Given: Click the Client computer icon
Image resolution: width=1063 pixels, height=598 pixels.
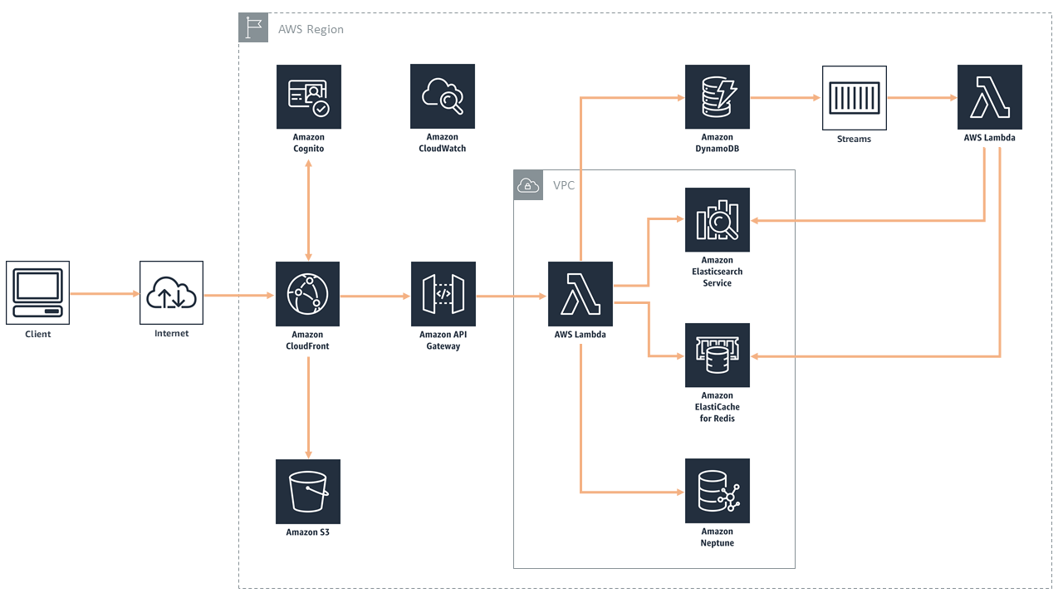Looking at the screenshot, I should (37, 292).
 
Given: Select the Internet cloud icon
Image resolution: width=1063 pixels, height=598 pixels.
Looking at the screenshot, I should (171, 292).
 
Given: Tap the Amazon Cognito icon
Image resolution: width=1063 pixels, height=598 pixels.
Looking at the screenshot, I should (308, 96).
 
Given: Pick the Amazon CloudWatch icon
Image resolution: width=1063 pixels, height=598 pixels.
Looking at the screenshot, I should (442, 96).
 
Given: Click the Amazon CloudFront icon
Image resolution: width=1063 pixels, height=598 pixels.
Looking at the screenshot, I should (308, 294).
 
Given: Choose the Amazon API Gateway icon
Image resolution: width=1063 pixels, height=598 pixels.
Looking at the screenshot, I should (443, 294).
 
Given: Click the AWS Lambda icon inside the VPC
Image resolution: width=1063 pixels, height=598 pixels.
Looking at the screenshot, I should (580, 294).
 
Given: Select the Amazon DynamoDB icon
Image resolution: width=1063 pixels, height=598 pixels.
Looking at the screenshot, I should (717, 96).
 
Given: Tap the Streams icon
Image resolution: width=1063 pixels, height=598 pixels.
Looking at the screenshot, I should (854, 98).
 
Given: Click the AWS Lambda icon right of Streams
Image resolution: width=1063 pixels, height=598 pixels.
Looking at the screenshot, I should (989, 97).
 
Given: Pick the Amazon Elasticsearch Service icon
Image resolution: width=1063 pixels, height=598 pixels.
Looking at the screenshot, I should (717, 219).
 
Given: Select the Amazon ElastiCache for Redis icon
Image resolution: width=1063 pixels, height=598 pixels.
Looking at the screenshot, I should (717, 355).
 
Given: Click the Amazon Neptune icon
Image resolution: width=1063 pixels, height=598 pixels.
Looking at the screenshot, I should (717, 490).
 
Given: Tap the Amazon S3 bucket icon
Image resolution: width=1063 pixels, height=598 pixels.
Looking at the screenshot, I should (308, 491).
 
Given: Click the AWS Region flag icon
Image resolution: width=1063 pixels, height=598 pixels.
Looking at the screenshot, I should (253, 27).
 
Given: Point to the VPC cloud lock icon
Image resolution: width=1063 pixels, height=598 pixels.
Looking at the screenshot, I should (528, 185).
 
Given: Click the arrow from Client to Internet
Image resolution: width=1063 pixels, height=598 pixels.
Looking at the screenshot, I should (104, 294).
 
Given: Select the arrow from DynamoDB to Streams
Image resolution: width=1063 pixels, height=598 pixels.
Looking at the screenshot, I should (785, 98).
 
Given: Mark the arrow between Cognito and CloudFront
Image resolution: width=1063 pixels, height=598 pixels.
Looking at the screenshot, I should (309, 209).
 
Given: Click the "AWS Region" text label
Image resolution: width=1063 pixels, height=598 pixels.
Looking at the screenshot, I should (311, 29).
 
